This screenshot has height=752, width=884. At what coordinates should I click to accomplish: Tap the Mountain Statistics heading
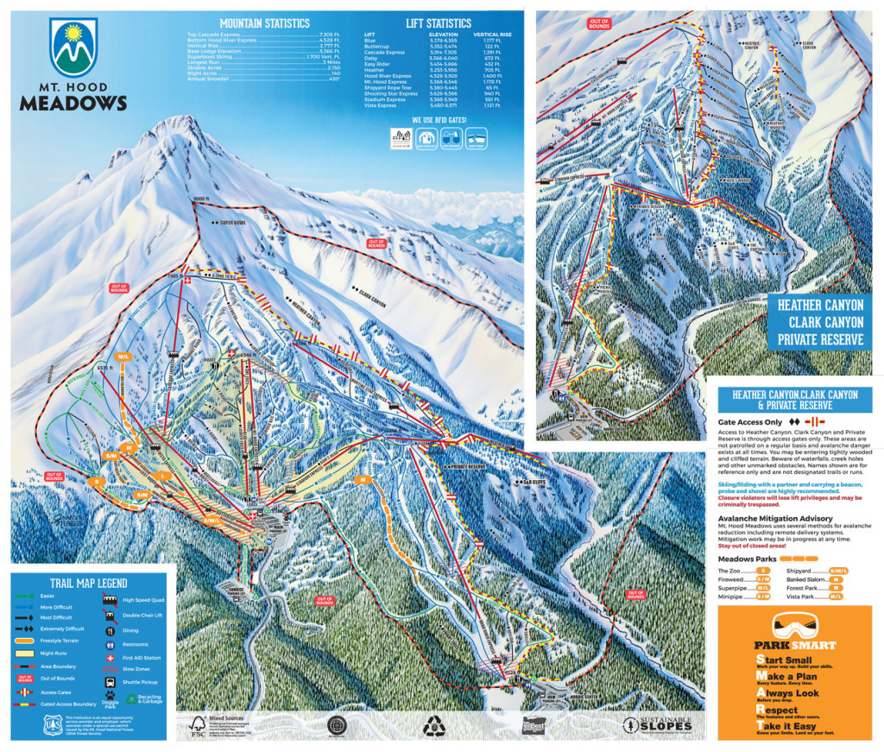click(264, 22)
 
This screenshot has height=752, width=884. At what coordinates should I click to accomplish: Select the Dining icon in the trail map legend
click(110, 630)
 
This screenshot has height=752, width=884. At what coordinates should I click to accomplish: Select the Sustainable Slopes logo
click(659, 724)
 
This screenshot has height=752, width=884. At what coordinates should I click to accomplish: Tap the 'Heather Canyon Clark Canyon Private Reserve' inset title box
click(819, 321)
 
